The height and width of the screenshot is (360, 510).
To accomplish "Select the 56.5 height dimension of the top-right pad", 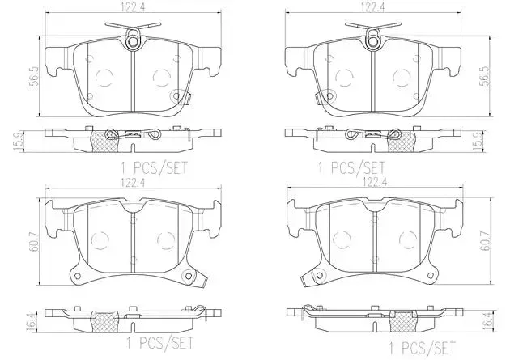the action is click(x=484, y=76).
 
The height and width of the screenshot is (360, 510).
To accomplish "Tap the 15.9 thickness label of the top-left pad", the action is click(x=19, y=141).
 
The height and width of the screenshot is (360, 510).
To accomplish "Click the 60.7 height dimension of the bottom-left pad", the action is click(x=34, y=241).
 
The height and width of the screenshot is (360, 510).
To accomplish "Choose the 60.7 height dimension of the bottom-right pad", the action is click(x=484, y=241).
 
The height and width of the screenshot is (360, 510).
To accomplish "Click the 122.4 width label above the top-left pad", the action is click(x=133, y=8).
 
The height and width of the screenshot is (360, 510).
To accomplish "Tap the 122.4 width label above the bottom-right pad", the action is click(x=375, y=182).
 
